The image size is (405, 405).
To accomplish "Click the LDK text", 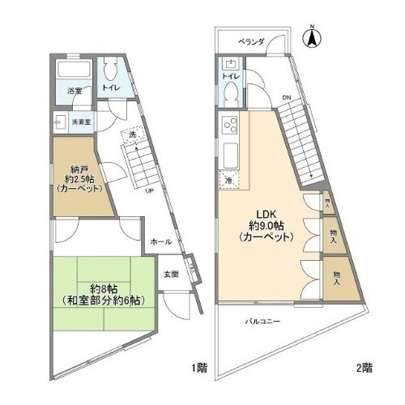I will coord(268,215).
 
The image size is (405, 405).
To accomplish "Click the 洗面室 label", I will coord(81,122).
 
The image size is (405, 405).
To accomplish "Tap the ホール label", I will coord(160,241).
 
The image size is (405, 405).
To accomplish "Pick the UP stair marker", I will coord(149,192).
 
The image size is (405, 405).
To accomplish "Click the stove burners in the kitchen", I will coord(228,126).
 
